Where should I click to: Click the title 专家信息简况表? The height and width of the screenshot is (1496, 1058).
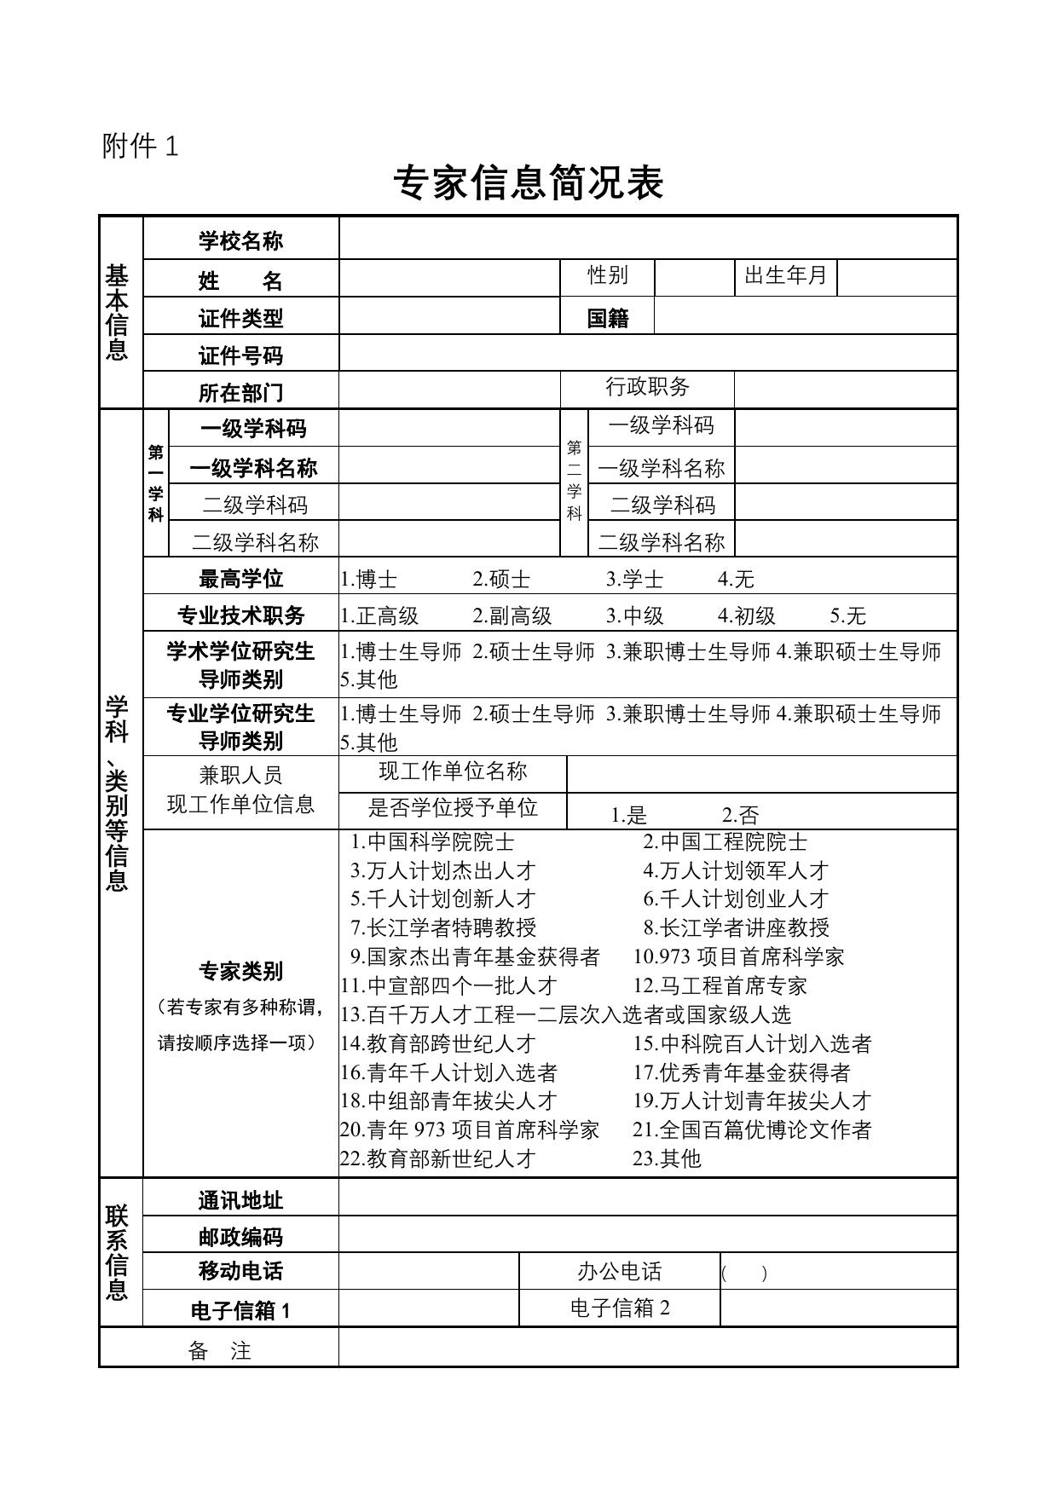tap(528, 183)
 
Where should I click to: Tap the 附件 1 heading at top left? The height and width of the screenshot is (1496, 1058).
tap(141, 147)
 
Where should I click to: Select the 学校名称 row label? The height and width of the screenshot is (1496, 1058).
tap(240, 241)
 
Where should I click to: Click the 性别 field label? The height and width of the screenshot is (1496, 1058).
tap(607, 275)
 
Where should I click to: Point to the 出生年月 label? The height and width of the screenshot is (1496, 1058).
tap(785, 276)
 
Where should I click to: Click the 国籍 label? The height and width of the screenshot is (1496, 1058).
tap(607, 318)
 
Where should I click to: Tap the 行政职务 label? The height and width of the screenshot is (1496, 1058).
tap(647, 387)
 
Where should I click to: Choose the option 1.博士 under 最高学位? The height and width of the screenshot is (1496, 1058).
tap(369, 580)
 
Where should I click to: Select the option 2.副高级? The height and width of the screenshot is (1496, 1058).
tap(512, 616)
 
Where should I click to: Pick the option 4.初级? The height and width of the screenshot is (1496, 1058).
tap(747, 616)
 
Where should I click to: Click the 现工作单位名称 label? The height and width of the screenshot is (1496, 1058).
tap(453, 771)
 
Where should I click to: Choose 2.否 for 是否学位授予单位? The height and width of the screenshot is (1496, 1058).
tap(740, 815)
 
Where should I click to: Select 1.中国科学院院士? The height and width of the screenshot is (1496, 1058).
tap(433, 842)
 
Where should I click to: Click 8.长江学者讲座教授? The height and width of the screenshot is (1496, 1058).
tap(737, 927)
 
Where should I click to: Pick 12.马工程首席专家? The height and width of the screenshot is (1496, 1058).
tap(720, 986)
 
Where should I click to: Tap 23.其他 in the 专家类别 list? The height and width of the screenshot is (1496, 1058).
tap(667, 1158)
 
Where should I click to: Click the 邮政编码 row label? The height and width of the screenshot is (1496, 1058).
tap(240, 1238)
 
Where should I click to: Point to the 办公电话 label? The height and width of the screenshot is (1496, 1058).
tap(619, 1272)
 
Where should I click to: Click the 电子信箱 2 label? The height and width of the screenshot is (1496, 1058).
tap(620, 1308)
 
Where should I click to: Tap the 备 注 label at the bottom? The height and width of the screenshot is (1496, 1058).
tap(219, 1351)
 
